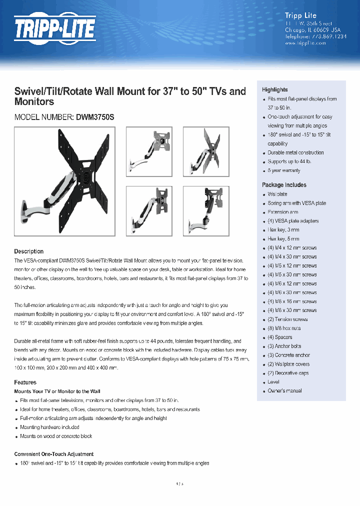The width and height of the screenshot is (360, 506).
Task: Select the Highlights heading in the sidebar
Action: click(274, 89)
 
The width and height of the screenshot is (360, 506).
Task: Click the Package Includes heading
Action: click(284, 184)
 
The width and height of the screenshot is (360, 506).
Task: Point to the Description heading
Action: click(28, 251)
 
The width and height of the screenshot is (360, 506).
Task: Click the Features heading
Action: click(25, 382)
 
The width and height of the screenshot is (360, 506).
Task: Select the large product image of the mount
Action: click(64, 175)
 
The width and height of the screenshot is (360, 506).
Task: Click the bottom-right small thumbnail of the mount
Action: click(206, 210)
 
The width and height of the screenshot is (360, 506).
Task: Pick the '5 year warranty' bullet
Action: click(283, 170)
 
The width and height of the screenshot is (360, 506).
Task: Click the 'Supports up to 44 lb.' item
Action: click(289, 161)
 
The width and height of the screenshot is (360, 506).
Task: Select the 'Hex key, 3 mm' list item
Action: click(283, 229)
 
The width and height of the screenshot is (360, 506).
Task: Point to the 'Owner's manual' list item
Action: click(284, 390)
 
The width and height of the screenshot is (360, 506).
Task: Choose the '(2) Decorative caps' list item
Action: click(288, 373)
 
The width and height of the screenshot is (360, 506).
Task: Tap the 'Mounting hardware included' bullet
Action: click(49, 427)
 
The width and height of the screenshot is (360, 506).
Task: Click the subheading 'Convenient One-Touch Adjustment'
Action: click(53, 454)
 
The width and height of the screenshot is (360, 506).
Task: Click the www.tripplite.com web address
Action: click(305, 43)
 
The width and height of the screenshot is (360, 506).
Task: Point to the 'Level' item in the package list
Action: click(273, 381)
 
